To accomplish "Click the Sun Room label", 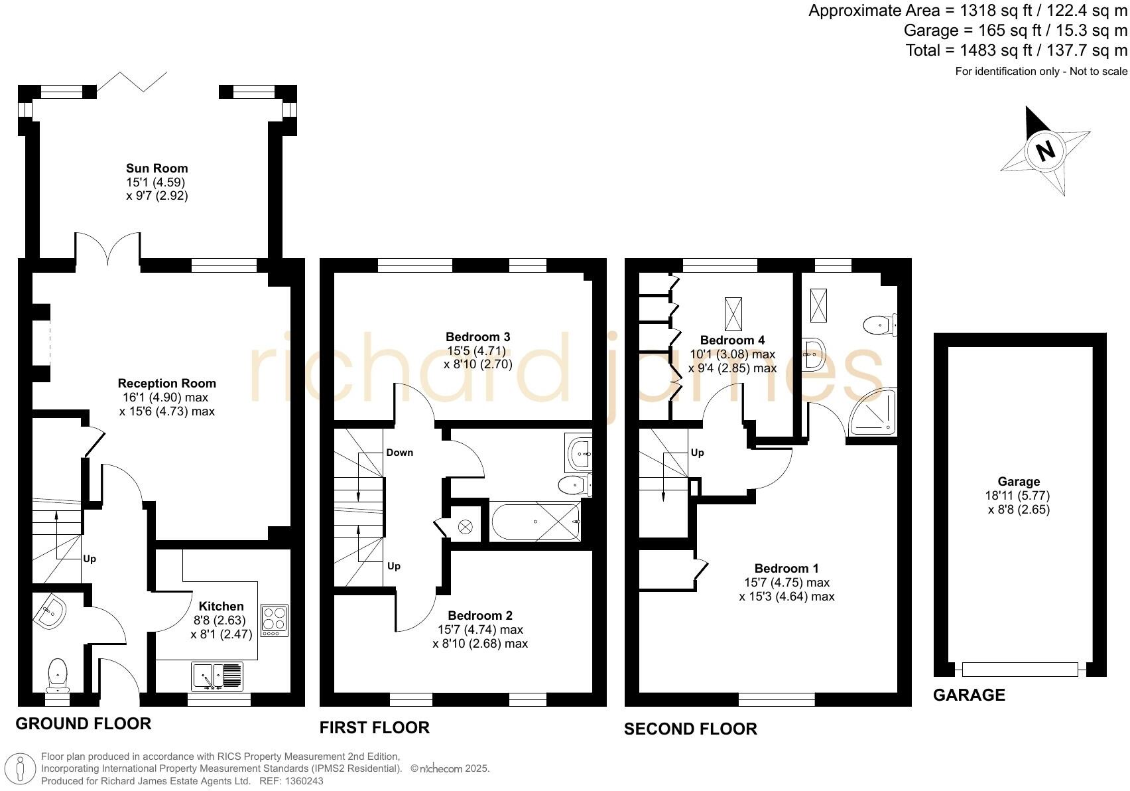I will point(157,169).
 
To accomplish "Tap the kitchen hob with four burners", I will point(275,620).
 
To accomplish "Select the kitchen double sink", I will point(218,676).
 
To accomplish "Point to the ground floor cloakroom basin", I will point(50,611).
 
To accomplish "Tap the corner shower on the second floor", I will point(874,413).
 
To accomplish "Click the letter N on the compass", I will point(1045,151).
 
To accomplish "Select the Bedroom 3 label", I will point(477,337).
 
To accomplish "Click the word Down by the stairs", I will point(400,453).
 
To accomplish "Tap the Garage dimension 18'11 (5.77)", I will point(1018,496).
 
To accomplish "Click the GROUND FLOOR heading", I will point(84,723).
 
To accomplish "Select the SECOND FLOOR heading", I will point(690,729).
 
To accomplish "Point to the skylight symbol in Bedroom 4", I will point(733,314).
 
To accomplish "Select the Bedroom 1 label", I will point(786,569).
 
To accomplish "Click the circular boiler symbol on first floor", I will point(466,527).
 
